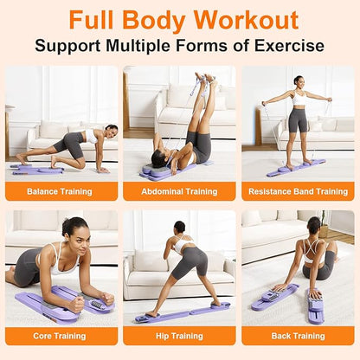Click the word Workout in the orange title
(246, 20)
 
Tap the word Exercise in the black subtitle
(289, 46)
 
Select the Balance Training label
(60, 191)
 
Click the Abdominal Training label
(179, 191)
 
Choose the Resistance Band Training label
(298, 191)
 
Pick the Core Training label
(60, 336)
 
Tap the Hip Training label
(179, 336)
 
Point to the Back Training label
(298, 336)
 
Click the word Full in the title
(93, 20)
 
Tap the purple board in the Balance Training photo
(37, 170)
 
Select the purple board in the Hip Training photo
(183, 312)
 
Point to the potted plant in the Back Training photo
(325, 222)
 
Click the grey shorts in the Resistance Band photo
(298, 119)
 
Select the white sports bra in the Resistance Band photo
(299, 99)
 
